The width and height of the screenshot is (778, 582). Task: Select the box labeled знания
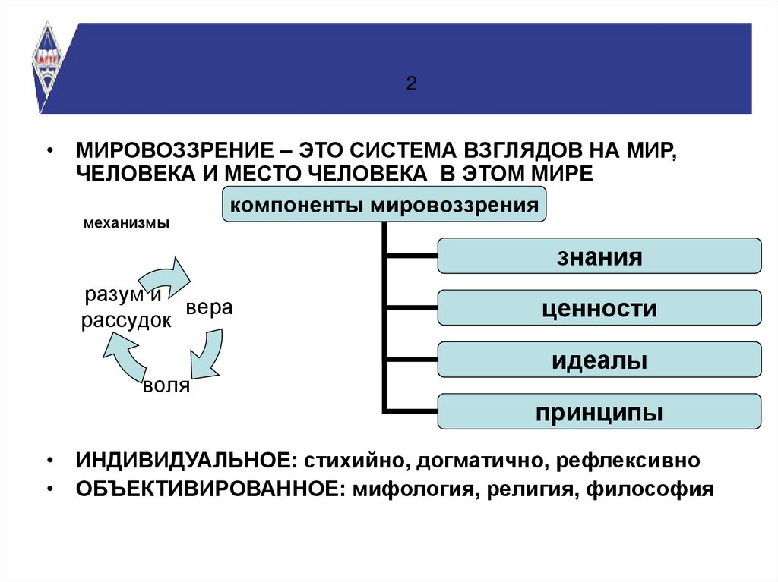599,256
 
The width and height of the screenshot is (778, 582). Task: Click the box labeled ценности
599,308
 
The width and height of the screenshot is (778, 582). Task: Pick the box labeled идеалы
599,360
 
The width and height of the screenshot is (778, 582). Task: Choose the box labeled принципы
599,412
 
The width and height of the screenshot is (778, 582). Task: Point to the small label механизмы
126,224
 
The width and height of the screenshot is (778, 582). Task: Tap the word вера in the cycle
209,309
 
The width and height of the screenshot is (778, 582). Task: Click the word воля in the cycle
166,385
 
